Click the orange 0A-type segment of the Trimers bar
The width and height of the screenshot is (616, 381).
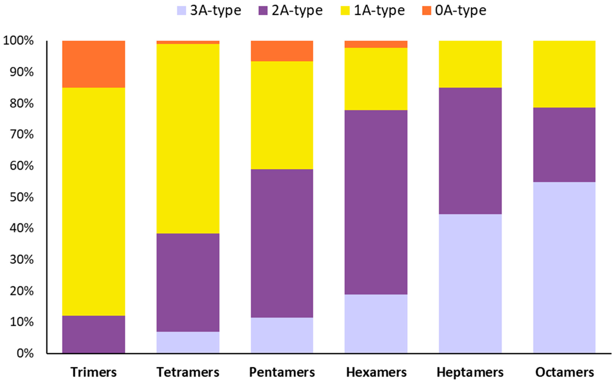(93, 64)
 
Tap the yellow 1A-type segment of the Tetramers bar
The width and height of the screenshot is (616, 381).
(188, 139)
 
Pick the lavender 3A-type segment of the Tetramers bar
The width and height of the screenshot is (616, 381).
(188, 342)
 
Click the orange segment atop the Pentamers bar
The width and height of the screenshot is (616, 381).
(282, 51)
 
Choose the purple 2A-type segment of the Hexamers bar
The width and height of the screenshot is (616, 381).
(376, 202)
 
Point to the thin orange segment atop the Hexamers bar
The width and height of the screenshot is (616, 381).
(376, 44)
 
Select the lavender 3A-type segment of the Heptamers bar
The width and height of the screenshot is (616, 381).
(470, 283)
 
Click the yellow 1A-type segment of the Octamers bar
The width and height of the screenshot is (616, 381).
(564, 74)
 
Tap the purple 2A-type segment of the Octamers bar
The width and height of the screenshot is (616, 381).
(564, 145)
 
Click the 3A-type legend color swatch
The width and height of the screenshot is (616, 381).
(181, 11)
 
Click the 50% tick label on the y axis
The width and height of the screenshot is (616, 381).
(21, 197)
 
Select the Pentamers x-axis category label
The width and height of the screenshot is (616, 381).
(282, 372)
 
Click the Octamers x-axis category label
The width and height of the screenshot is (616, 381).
(564, 372)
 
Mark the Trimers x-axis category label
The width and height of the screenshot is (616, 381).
(93, 372)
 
